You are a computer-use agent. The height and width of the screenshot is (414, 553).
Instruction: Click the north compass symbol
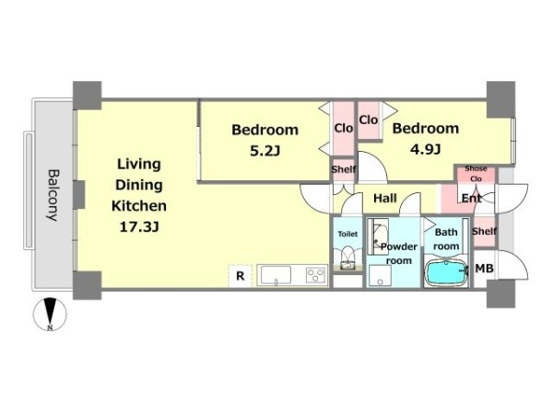pos(50,315)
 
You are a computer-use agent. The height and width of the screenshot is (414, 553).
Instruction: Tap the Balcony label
pos(53,195)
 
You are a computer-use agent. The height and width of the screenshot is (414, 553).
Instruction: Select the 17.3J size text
pos(139,227)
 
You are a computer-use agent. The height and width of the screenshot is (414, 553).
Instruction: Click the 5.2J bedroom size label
pos(265,151)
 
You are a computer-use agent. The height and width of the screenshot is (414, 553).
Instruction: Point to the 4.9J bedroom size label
pos(425,150)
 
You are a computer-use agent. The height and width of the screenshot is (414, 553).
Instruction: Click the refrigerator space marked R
pos(240,276)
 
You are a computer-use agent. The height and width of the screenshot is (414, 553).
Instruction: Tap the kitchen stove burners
pos(316,275)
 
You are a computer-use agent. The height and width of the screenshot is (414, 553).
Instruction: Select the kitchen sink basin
pos(276,275)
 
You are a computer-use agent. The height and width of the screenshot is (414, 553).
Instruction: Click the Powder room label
pos(399,254)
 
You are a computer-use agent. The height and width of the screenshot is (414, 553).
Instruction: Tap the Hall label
pos(385,198)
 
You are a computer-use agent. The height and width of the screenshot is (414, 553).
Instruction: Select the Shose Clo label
pos(476,174)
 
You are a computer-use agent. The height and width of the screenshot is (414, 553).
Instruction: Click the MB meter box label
pos(484,269)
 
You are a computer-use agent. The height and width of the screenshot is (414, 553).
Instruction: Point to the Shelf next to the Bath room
pos(484,231)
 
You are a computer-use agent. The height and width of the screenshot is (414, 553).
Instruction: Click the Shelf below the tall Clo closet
pos(344,169)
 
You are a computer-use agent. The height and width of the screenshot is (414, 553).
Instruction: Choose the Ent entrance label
pos(472,199)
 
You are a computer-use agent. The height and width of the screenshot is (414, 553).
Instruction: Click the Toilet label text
pos(347,234)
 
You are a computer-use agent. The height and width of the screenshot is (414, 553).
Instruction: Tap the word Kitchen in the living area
pos(139,205)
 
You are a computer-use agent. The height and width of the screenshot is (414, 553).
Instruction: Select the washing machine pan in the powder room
pos(380,275)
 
